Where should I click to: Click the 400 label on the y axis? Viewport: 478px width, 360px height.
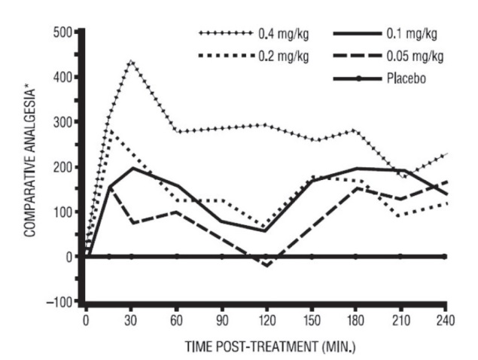pyautogui.click(x=65, y=78)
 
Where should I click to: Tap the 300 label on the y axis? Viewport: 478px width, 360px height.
pyautogui.click(x=65, y=122)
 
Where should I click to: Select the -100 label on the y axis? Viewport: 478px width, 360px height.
pyautogui.click(x=62, y=302)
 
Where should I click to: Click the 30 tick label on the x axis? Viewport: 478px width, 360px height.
pyautogui.click(x=131, y=317)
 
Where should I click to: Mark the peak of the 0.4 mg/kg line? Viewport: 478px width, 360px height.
pyautogui.click(x=131, y=60)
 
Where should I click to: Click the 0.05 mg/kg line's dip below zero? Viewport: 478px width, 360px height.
pyautogui.click(x=266, y=265)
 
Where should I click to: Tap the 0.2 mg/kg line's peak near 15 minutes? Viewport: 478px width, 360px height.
pyautogui.click(x=109, y=130)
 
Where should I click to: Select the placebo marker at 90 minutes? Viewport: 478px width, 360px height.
pyautogui.click(x=221, y=257)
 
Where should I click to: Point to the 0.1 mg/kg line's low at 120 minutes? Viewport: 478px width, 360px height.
pyautogui.click(x=266, y=230)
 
